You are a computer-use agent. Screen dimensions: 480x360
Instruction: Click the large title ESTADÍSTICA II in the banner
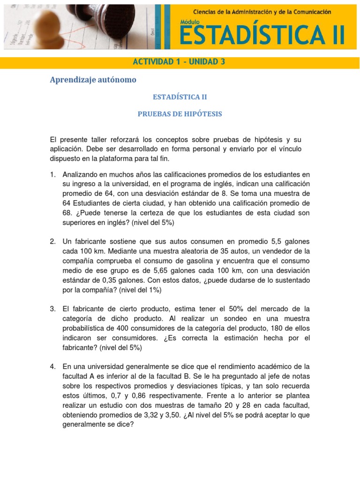pyautogui.click(x=263, y=36)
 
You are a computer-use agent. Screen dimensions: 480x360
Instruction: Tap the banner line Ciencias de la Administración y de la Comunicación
pyautogui.click(x=262, y=11)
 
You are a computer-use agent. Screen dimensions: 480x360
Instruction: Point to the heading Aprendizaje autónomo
pyautogui.click(x=93, y=80)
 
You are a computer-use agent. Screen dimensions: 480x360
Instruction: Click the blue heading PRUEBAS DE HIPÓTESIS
pyautogui.click(x=180, y=114)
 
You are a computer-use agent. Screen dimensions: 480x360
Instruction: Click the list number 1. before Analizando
pyautogui.click(x=53, y=175)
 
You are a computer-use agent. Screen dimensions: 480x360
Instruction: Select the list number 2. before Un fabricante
pyautogui.click(x=53, y=241)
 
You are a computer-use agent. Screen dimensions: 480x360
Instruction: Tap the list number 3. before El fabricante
pyautogui.click(x=53, y=308)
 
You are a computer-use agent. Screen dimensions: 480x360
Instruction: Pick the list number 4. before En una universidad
pyautogui.click(x=53, y=366)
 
